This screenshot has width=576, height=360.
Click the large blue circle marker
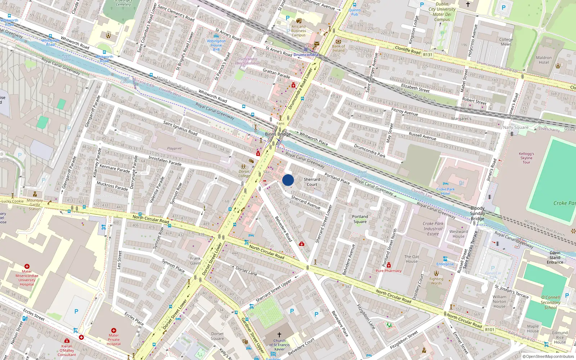[288, 180]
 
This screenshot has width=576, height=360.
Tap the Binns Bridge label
[278, 134]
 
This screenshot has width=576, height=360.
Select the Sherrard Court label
[312, 182]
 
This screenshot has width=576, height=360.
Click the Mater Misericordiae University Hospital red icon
[27, 266]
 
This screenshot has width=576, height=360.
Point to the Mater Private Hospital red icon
[114, 330]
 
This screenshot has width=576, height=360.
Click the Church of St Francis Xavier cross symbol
[279, 334]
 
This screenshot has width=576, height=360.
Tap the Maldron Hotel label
[544, 60]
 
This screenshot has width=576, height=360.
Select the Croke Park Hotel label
[445, 191]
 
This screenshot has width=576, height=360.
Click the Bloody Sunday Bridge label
[477, 213]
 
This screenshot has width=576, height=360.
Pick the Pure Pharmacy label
[388, 271]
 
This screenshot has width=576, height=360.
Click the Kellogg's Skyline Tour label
[526, 158]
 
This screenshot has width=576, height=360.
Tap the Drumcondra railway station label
[306, 55]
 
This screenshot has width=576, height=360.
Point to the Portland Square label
[360, 219]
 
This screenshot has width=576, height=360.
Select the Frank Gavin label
[195, 261]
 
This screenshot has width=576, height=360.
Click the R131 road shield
[428, 55]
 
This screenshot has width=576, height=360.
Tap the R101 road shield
[490, 329]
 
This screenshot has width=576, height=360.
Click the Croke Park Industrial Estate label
[433, 229]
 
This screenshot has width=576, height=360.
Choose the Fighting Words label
[436, 281]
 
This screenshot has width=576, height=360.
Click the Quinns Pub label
[355, 12]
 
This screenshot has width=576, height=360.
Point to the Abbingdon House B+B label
[216, 45]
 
